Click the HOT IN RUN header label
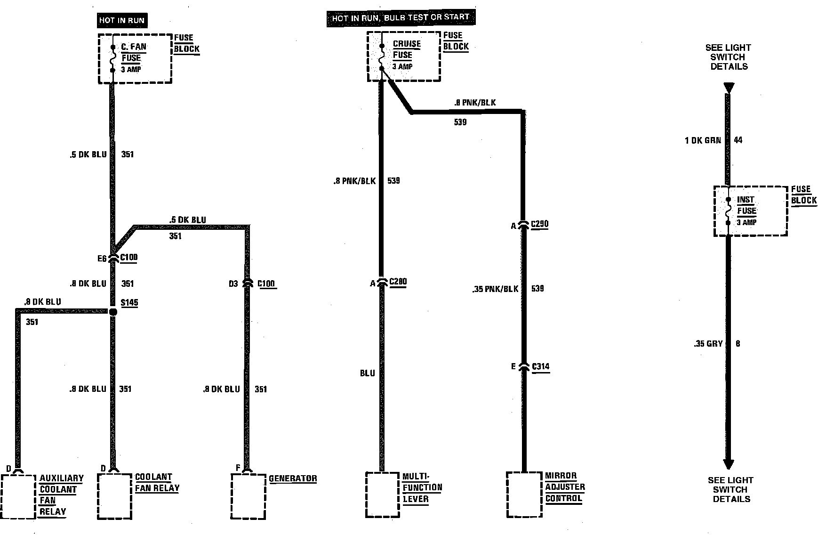(x=121, y=21)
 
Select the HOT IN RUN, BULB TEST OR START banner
(x=400, y=18)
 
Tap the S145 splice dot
(x=113, y=312)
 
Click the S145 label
(x=129, y=303)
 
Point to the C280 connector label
(x=398, y=282)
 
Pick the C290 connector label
(x=539, y=224)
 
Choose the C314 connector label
(x=540, y=367)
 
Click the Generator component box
(x=249, y=496)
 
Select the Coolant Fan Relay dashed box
(x=114, y=496)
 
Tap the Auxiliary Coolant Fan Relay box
(x=18, y=496)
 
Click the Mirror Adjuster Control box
(x=524, y=494)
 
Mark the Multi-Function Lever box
(x=383, y=494)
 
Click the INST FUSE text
(x=746, y=205)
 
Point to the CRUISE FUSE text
(x=406, y=49)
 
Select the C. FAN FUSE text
(x=133, y=52)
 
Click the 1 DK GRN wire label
(x=703, y=140)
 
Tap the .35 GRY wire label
(x=708, y=344)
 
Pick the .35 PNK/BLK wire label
(x=495, y=289)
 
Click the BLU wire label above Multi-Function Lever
(x=368, y=373)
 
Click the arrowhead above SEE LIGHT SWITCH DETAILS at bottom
(x=729, y=463)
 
